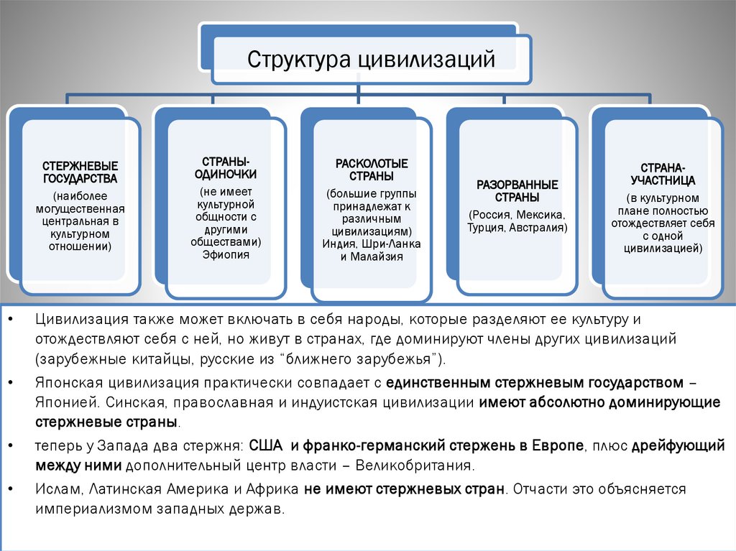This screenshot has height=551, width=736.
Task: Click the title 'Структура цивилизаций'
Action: click(372, 59)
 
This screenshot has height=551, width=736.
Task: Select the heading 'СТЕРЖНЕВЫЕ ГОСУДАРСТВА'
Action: click(80, 172)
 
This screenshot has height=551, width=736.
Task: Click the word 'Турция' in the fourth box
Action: click(487, 228)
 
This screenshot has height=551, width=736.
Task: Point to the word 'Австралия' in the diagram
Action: click(540, 228)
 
